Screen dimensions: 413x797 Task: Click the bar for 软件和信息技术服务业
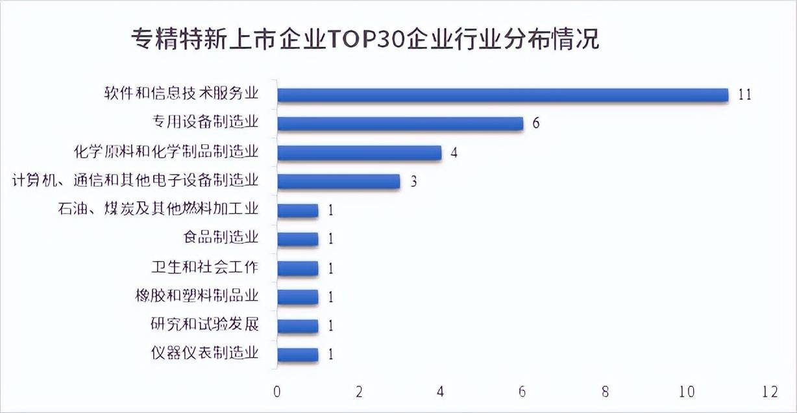point(503,95)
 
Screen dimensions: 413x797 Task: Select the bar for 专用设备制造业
point(400,123)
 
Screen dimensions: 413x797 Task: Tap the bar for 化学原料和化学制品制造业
point(359,153)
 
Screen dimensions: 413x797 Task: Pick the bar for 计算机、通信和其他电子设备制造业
point(338,181)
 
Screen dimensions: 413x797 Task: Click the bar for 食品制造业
point(298,239)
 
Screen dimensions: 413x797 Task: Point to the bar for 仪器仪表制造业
point(298,355)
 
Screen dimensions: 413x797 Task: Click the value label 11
point(744,95)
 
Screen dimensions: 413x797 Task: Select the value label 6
point(536,123)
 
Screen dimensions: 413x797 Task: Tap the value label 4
point(454,153)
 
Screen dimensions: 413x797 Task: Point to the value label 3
point(413,181)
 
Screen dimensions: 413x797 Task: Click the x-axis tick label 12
point(770,392)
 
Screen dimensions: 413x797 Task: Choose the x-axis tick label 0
point(277,392)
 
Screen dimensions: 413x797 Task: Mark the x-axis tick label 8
point(606,392)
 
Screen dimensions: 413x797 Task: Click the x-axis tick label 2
point(360,392)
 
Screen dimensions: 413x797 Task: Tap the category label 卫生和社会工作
point(204,268)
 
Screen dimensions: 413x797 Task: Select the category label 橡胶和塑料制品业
point(194,297)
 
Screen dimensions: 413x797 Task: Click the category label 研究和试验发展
point(204,325)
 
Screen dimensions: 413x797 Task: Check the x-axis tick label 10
point(687,392)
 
